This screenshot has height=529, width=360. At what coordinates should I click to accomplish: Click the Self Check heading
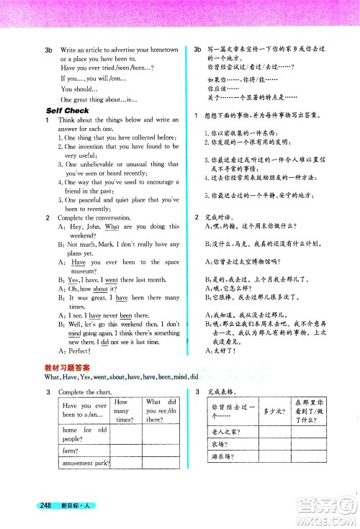click(67, 111)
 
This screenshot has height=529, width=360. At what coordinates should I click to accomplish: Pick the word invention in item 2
click(94, 146)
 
